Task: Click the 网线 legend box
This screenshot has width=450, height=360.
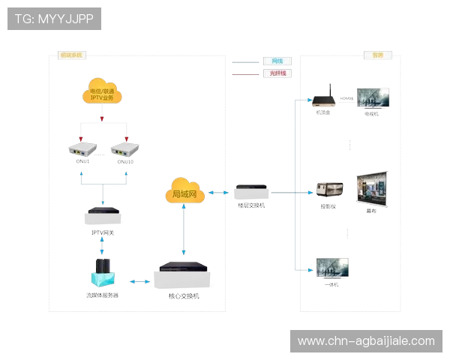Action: (276, 60)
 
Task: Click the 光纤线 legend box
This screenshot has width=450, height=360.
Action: (276, 73)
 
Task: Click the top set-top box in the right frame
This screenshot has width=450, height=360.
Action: (323, 103)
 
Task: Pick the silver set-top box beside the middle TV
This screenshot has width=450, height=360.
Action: (329, 189)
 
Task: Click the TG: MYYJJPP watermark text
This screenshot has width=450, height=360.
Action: (54, 18)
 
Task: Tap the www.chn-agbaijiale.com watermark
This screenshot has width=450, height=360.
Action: (366, 341)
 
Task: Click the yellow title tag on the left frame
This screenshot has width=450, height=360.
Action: (72, 55)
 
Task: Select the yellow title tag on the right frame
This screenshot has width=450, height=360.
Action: (377, 55)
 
